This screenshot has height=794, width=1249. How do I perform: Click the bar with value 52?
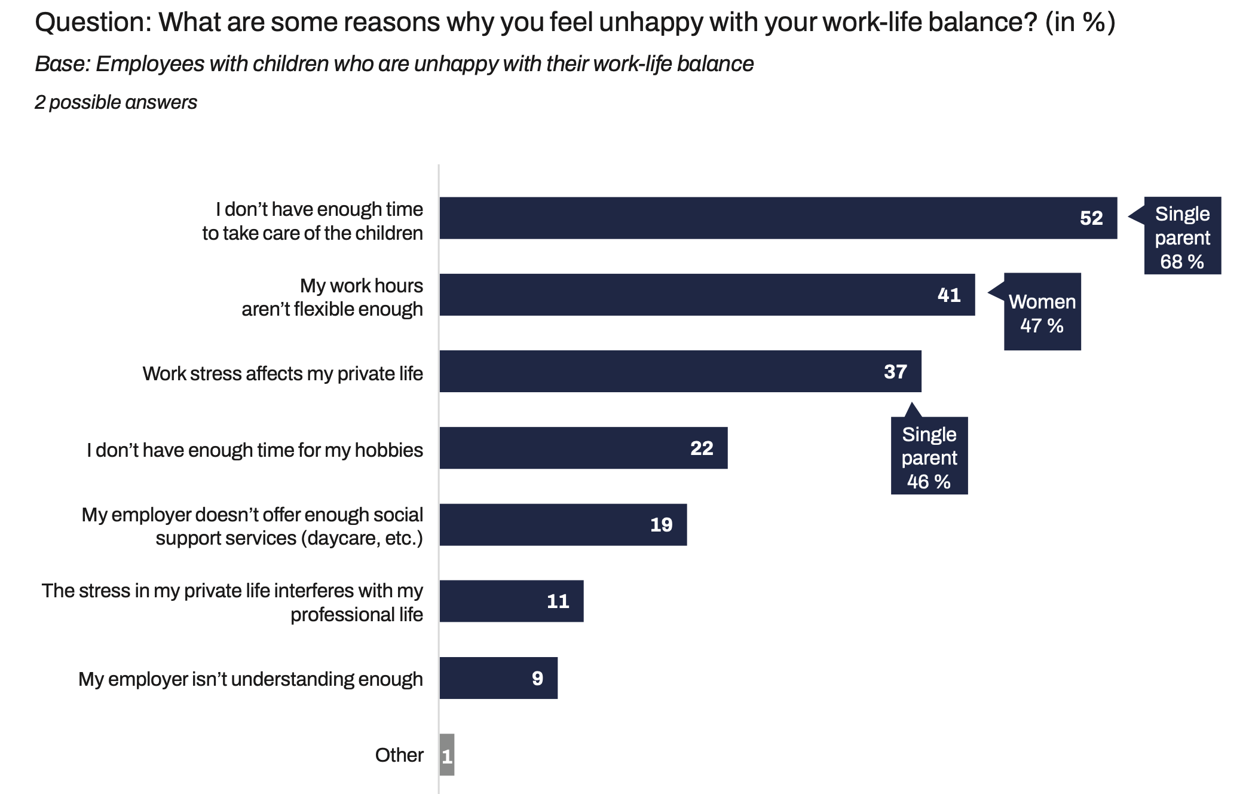tap(777, 218)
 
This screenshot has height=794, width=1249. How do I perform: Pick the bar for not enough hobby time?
tap(583, 448)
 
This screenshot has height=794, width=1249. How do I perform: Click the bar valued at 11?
tap(511, 601)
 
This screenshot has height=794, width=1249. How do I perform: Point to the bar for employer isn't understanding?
tap(498, 678)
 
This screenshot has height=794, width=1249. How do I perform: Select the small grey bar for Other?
tap(446, 755)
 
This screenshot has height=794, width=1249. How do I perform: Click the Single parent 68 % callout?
tap(1182, 236)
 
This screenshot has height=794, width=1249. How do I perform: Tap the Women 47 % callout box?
tap(1042, 312)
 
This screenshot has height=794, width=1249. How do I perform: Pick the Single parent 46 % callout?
tap(929, 456)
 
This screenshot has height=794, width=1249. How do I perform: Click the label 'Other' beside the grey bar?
tap(399, 755)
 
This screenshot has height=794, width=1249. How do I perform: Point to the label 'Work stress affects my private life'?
tap(283, 374)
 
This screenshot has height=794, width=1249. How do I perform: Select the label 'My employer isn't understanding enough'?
tap(250, 679)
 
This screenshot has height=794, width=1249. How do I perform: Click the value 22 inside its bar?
tap(702, 448)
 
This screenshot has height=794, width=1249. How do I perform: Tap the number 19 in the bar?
tap(661, 525)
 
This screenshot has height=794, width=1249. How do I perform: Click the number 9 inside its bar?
tap(537, 678)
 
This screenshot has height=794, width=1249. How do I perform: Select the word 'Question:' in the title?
tap(93, 23)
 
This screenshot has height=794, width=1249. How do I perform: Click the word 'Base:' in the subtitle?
tap(62, 64)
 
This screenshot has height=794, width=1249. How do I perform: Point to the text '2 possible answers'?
tap(116, 102)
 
